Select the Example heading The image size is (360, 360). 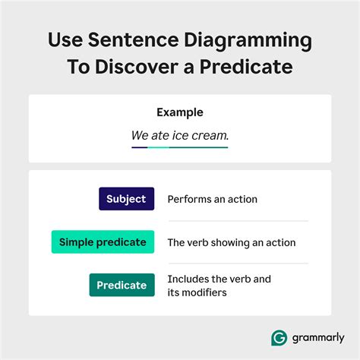(180, 112)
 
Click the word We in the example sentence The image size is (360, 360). (140, 136)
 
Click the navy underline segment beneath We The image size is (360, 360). (140, 147)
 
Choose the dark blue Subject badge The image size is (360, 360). (126, 199)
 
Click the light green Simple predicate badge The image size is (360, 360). (103, 242)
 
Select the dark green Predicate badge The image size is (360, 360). (122, 285)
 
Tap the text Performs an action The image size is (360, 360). (212, 200)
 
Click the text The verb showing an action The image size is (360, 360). (231, 243)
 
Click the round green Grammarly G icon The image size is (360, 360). (279, 336)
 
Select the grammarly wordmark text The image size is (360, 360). (315, 337)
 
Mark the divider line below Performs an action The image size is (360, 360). (237, 221)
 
